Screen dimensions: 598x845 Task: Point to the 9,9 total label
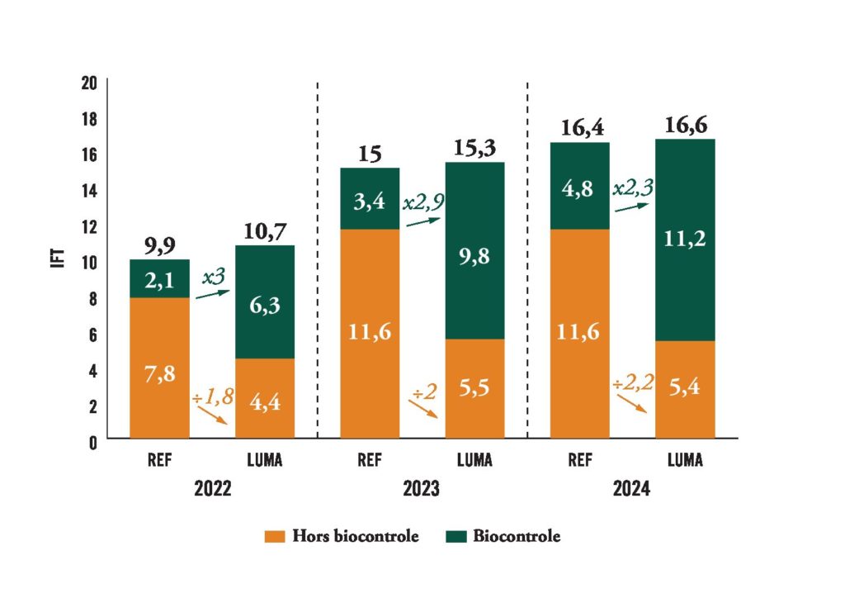tap(159, 245)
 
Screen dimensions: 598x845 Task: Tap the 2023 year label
tap(422, 489)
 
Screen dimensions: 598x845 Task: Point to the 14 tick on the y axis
tap(88, 190)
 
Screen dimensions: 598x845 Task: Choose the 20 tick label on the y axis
tap(88, 83)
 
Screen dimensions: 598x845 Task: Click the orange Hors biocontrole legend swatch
tap(275, 537)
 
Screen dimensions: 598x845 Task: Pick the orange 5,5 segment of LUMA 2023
tap(474, 388)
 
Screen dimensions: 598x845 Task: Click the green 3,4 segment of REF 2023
tap(370, 198)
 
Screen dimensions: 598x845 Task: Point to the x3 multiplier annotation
tap(214, 278)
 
